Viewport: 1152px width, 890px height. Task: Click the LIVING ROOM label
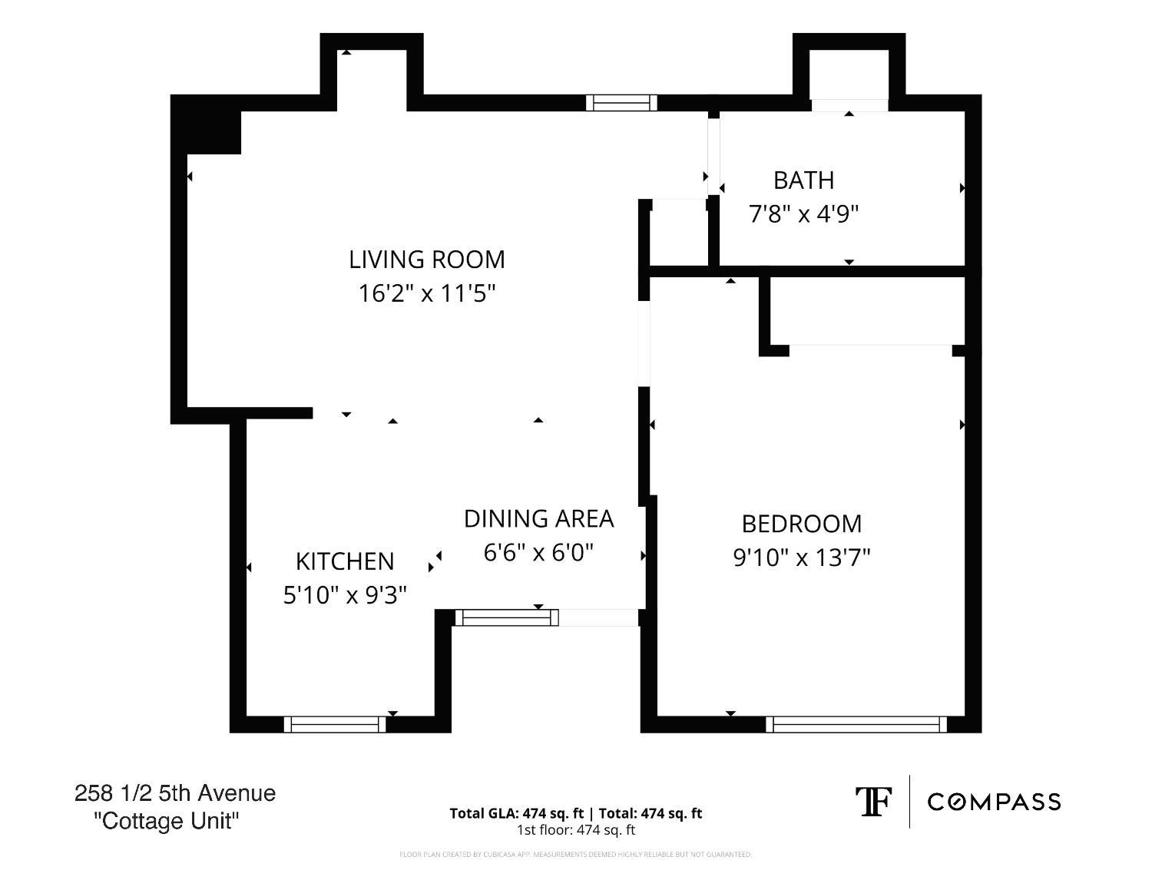[427, 260]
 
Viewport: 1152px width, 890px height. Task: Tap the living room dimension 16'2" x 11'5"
[427, 293]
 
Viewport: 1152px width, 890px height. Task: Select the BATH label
[803, 180]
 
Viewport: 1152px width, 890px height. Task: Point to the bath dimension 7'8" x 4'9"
[803, 213]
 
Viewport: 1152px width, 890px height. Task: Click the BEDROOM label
[801, 524]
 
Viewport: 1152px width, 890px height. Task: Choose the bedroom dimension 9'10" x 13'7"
[801, 557]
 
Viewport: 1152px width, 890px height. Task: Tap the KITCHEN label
[345, 561]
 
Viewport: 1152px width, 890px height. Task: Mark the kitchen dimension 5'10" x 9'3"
[345, 595]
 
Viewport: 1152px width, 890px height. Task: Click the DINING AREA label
[538, 519]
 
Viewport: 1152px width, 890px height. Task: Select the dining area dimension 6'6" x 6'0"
[538, 552]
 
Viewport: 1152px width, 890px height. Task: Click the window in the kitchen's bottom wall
[335, 724]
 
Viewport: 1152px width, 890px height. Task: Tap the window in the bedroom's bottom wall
[856, 724]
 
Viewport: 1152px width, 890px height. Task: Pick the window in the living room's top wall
[621, 103]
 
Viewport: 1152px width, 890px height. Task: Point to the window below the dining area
[507, 617]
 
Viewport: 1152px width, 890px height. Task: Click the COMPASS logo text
[994, 802]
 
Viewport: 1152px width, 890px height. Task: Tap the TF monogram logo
[873, 802]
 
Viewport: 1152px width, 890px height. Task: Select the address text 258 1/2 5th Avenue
[175, 793]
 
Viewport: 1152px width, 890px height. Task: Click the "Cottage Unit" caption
[166, 821]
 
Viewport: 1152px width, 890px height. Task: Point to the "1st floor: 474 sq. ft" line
[576, 830]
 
